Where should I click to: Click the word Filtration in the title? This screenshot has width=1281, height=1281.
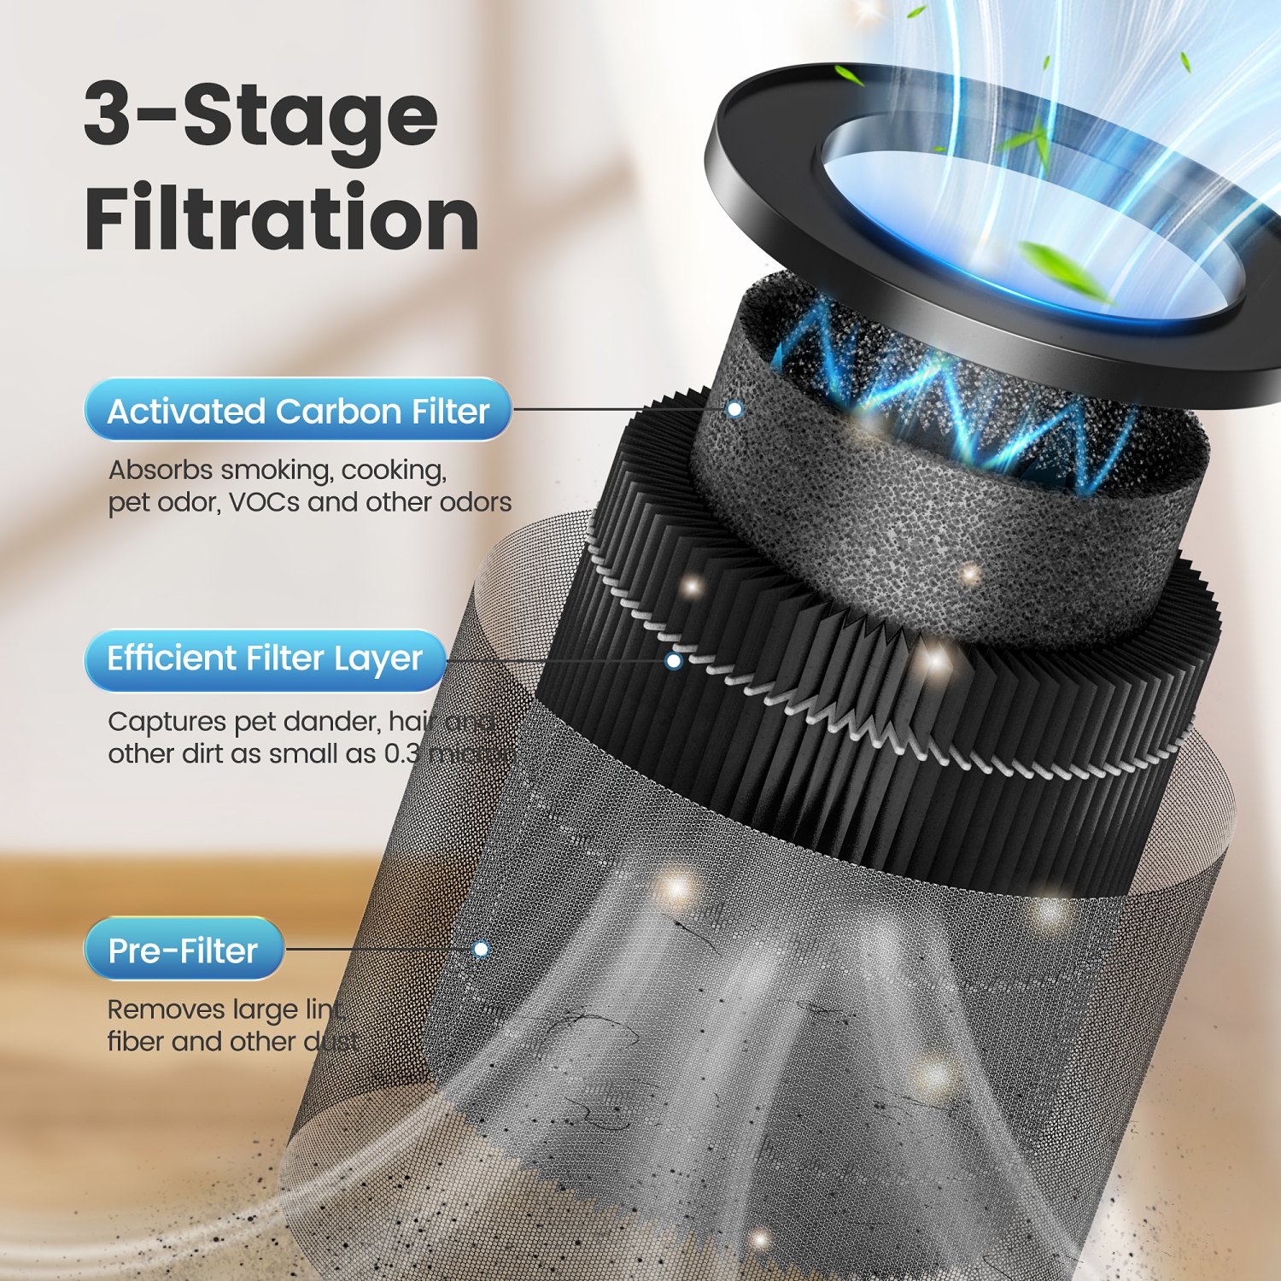click(x=281, y=219)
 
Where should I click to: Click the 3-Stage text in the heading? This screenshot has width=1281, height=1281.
click(x=260, y=115)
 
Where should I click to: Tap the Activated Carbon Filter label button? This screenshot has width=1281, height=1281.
click(x=297, y=411)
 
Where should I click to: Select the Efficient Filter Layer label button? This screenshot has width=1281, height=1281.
click(x=265, y=659)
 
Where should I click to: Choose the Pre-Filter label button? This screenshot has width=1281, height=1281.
click(x=183, y=951)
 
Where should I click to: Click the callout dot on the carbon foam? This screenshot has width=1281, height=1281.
click(x=734, y=410)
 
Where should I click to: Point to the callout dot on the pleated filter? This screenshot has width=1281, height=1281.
click(x=674, y=661)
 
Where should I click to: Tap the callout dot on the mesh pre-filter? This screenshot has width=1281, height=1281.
click(x=481, y=950)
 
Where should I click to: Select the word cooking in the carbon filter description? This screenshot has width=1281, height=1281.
click(x=394, y=471)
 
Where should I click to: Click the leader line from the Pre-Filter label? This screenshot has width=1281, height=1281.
click(x=380, y=949)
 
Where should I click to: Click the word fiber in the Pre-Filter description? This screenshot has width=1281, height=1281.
click(x=135, y=1042)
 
